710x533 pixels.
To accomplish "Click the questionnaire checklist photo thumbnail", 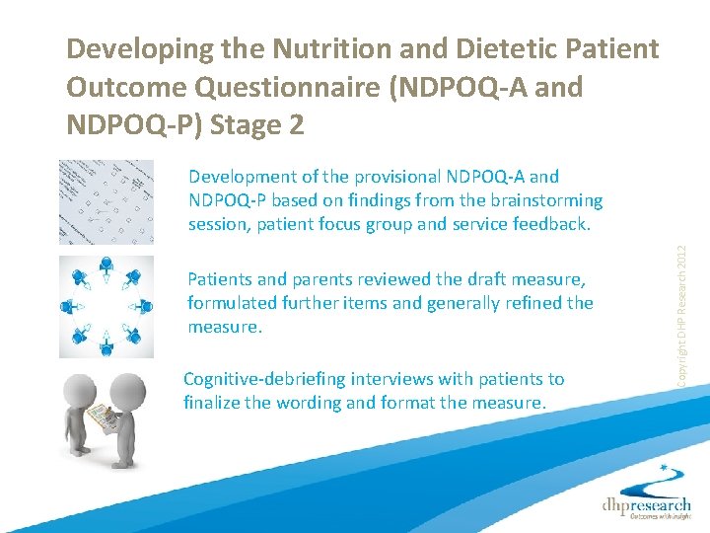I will (106, 201).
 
